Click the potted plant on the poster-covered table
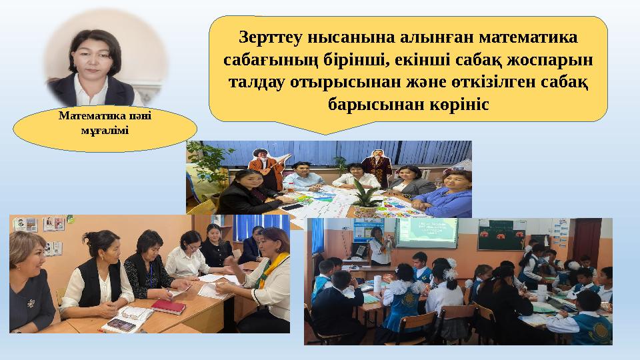coord(365,197)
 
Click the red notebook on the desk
coord(167,306)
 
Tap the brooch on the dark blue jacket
coord(31,301)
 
